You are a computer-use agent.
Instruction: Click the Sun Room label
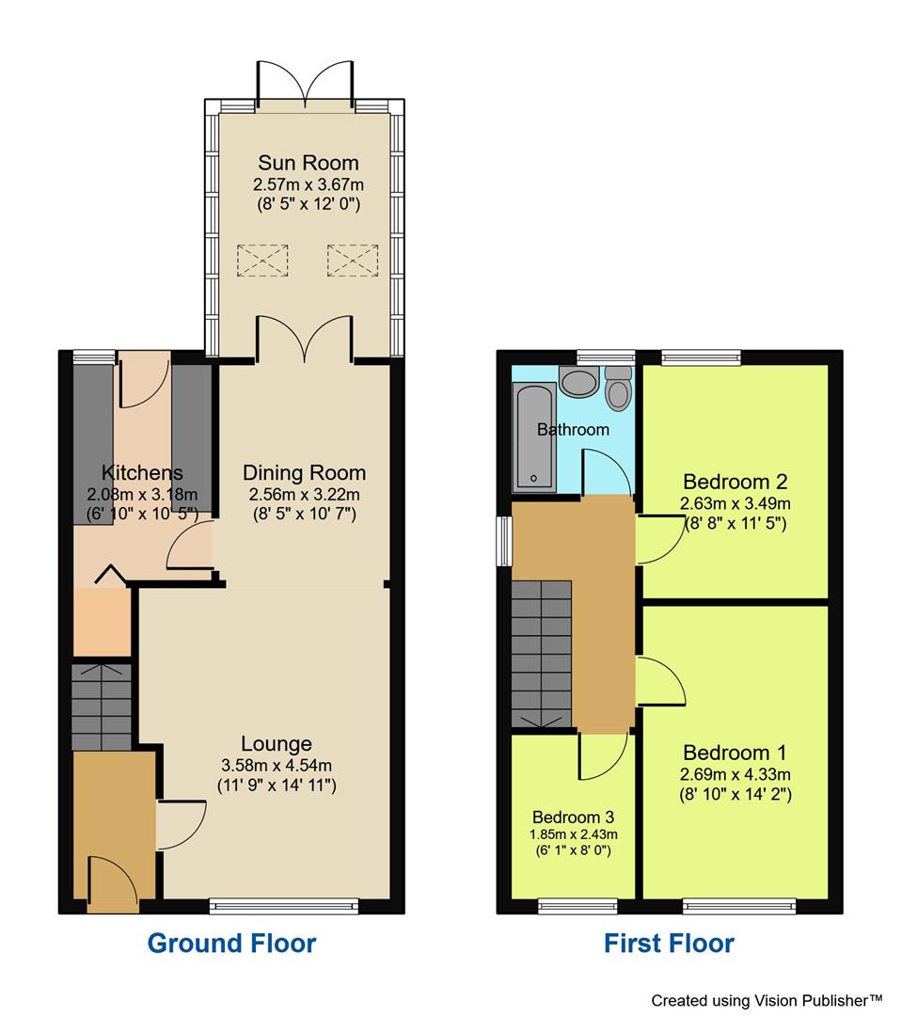coord(308,163)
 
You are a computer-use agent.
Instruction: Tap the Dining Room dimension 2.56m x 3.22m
coord(305,495)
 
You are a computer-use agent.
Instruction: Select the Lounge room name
coord(277,744)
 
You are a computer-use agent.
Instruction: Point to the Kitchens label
coord(143,472)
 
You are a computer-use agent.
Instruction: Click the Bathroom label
coord(574,429)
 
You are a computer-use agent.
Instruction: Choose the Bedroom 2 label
coord(735,482)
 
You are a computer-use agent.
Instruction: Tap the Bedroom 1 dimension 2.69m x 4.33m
coord(735,773)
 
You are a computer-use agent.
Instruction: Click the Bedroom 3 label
coord(574,818)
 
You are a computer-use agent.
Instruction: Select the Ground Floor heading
coord(232,943)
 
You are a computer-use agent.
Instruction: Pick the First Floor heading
coord(669,943)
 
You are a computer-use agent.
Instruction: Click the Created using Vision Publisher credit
coord(767,1000)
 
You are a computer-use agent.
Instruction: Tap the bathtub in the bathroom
coord(534,437)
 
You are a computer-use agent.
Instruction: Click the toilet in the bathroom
coord(619,388)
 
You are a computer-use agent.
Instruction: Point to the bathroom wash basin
coord(579,381)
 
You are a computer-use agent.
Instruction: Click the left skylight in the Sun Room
coord(262,260)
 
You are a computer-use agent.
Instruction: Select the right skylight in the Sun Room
coord(353,260)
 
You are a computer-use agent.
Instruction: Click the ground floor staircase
coord(102,706)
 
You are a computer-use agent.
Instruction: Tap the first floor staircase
coord(542,654)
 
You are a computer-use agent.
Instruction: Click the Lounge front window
coord(284,906)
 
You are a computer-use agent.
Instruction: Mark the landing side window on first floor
coord(503,540)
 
